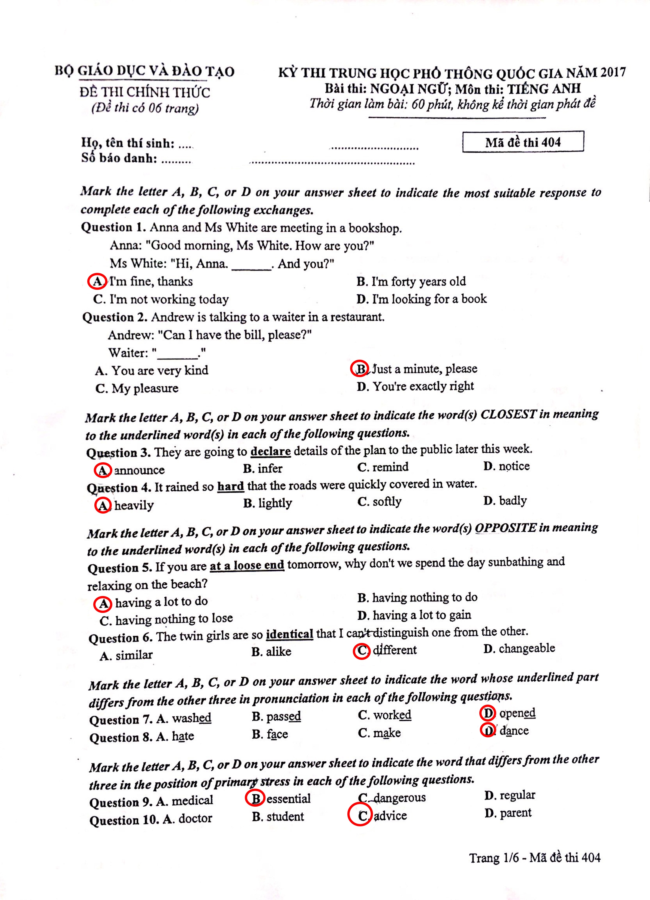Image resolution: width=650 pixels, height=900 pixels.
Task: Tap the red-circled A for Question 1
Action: [97, 281]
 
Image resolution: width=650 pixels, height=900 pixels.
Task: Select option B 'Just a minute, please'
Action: [424, 369]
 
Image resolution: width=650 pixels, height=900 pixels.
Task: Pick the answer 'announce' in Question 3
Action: [139, 470]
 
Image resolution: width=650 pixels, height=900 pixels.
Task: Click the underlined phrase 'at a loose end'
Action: [247, 565]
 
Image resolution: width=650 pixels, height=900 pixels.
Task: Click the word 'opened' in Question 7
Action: [517, 713]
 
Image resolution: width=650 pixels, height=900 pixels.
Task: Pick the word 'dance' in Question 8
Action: [514, 731]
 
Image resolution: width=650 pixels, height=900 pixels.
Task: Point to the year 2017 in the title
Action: [613, 73]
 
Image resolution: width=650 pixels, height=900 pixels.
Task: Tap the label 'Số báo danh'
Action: [119, 158]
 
